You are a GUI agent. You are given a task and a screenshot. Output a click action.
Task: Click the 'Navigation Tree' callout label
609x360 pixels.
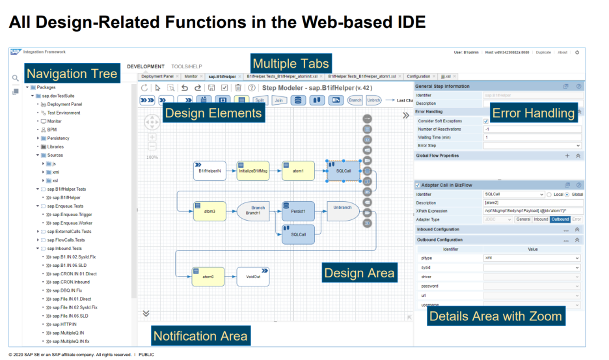pyautogui.click(x=72, y=74)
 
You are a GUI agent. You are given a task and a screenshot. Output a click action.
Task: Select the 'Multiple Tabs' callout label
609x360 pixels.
pyautogui.click(x=291, y=64)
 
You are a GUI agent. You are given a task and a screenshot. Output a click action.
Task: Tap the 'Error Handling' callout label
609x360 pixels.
pyautogui.click(x=534, y=113)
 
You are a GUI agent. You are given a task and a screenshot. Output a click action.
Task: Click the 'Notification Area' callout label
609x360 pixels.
pyautogui.click(x=200, y=336)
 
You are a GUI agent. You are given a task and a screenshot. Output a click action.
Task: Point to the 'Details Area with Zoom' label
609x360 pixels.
pyautogui.click(x=495, y=316)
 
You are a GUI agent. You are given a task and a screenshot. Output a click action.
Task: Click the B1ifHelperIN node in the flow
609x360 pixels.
pyautogui.click(x=210, y=171)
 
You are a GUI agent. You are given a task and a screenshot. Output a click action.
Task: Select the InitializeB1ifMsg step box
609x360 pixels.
pyautogui.click(x=253, y=171)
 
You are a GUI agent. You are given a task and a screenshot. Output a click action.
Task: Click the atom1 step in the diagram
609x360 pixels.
pyautogui.click(x=298, y=171)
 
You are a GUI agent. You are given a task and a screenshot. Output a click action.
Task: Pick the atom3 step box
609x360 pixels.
pyautogui.click(x=210, y=211)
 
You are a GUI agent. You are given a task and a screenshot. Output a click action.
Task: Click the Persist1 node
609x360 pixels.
pyautogui.click(x=298, y=211)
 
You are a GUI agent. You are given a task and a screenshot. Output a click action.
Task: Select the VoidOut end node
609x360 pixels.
pyautogui.click(x=253, y=276)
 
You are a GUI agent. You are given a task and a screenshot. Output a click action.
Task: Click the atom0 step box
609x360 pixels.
pyautogui.click(x=208, y=276)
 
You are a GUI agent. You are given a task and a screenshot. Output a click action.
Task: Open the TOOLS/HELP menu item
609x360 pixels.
pyautogui.click(x=187, y=66)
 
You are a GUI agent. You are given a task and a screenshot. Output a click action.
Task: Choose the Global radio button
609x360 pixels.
pyautogui.click(x=567, y=194)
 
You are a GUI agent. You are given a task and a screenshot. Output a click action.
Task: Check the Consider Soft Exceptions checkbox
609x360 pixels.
pyautogui.click(x=486, y=120)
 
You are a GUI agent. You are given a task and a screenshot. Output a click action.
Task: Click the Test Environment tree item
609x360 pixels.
pyautogui.click(x=64, y=112)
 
